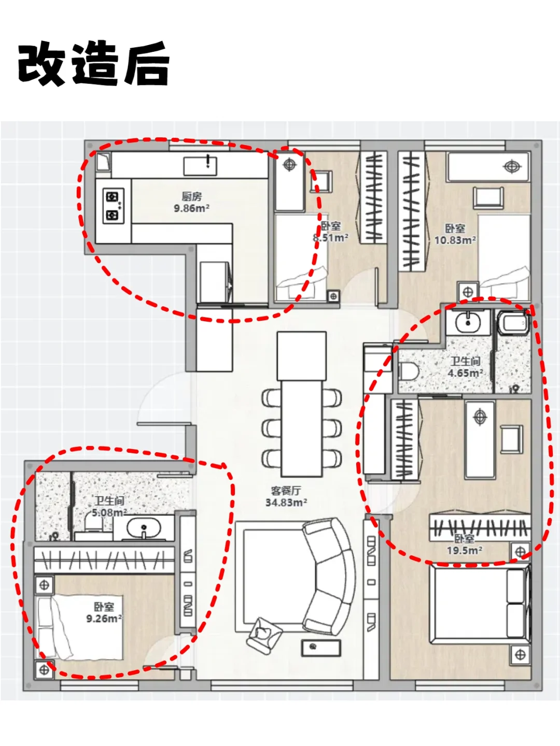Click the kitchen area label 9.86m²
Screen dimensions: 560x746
coord(191,208)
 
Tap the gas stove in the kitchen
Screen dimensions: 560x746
coord(113,206)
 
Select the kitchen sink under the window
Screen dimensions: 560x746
coord(200,166)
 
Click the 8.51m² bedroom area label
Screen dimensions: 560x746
coord(330,238)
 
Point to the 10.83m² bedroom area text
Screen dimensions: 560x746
coord(455,240)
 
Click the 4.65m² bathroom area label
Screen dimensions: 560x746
coord(465,373)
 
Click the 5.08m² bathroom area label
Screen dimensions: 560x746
coord(109,512)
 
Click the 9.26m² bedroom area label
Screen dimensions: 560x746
coord(104,619)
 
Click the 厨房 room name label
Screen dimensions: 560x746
coord(191,196)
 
